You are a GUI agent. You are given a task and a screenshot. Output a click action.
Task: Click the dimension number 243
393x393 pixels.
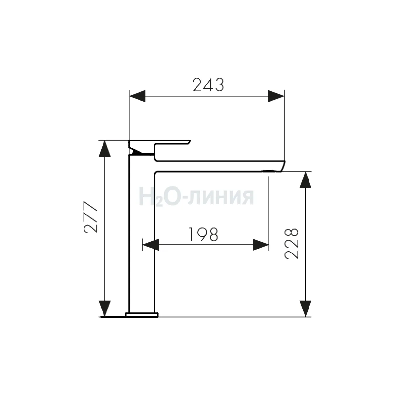[208, 84]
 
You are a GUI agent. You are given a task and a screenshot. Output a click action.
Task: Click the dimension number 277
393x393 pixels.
[90, 217]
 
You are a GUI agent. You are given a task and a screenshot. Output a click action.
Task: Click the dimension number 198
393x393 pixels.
[203, 234]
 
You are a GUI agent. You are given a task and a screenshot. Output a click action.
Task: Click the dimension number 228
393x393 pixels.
[291, 244]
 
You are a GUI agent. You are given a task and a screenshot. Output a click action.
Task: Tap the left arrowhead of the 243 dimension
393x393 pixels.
[137, 96]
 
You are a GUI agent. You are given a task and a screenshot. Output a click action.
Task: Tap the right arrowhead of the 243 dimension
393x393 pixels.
[276, 96]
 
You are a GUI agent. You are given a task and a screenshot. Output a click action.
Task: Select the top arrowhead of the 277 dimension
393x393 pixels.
[104, 149]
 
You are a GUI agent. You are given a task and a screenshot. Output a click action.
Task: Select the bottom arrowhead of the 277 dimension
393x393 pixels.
[104, 309]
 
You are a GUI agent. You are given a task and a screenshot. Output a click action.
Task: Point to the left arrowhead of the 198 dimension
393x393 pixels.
[151, 245]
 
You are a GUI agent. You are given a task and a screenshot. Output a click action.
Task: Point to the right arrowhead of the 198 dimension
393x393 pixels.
[261, 245]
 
